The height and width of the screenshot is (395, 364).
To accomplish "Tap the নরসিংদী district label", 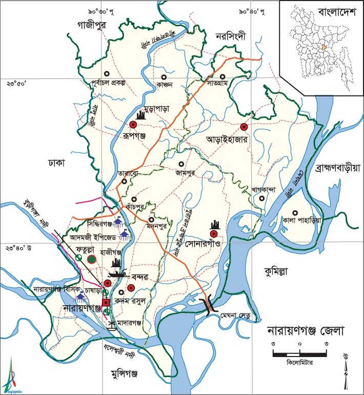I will tap(231, 36).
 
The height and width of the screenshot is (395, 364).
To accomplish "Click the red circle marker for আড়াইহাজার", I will tap(244, 127).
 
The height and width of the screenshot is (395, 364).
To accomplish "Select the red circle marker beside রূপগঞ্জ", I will tap(133, 125).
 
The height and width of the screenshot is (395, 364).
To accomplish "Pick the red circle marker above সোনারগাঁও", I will tap(214, 234).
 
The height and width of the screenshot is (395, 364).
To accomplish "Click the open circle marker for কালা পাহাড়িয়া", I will tap(295, 213).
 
